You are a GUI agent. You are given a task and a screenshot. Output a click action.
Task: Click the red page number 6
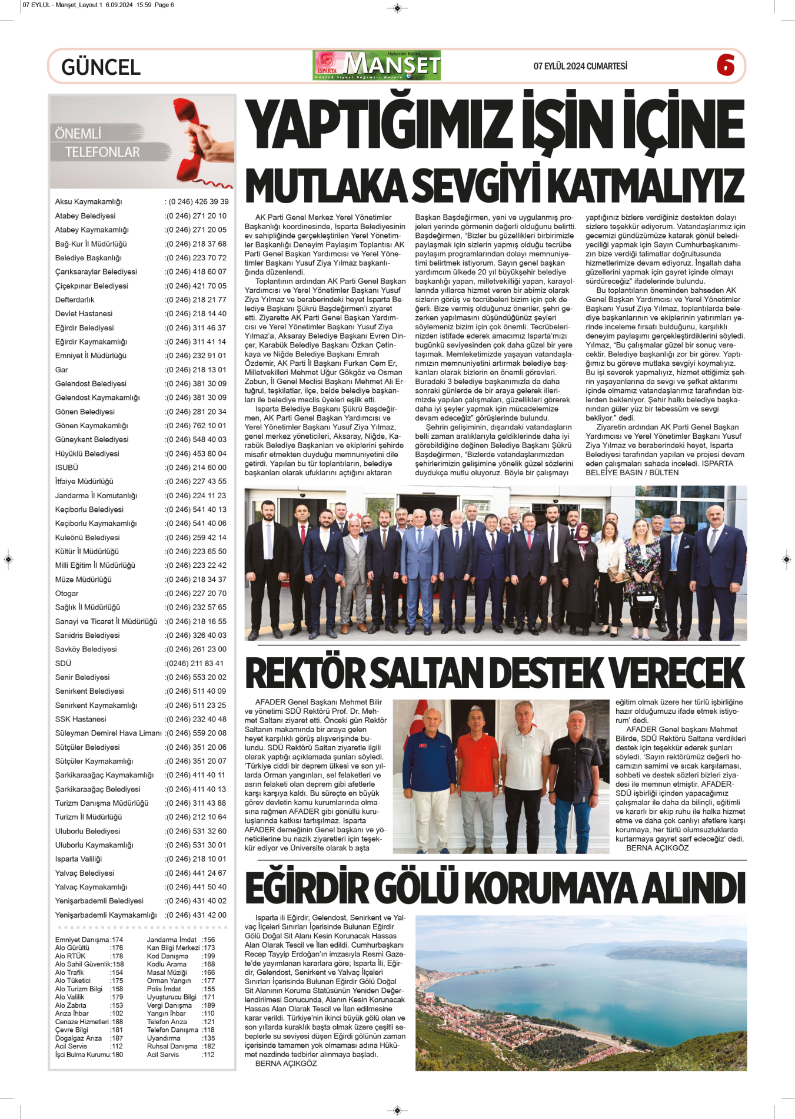tap(726, 65)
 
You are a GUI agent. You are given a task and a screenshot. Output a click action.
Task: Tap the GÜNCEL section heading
tap(101, 67)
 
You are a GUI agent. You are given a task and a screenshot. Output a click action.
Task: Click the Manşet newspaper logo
tap(377, 65)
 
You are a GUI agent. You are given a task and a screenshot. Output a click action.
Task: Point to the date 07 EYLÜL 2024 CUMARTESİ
tap(580, 66)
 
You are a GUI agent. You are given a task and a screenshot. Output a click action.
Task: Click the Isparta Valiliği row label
tap(78, 859)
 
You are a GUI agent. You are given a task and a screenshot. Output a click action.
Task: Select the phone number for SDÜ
tap(194, 663)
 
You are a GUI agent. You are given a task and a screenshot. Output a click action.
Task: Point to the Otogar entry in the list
tap(66, 594)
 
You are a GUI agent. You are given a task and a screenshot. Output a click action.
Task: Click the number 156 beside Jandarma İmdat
tap(208, 940)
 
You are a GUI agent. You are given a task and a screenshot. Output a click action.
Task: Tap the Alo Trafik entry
tap(69, 973)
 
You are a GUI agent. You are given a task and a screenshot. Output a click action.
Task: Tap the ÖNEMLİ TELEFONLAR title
tap(97, 143)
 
